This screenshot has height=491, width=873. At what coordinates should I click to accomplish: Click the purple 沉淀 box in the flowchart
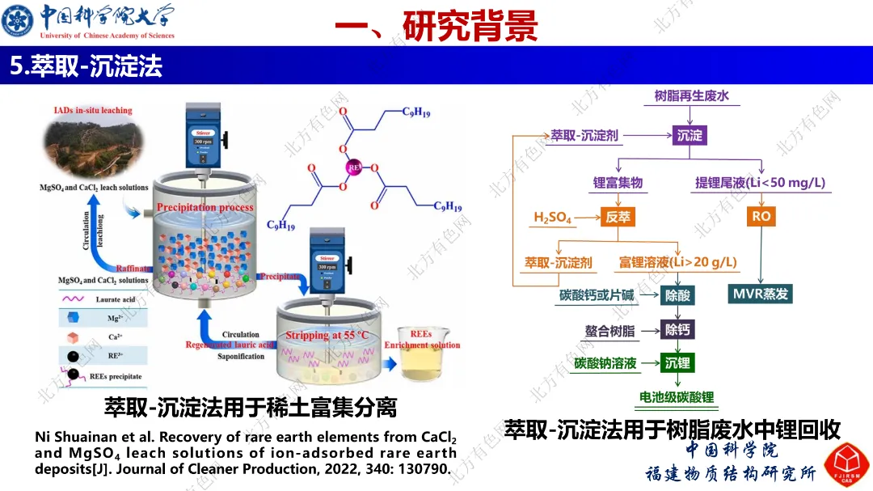[690, 135]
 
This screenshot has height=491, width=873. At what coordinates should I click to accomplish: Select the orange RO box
[761, 216]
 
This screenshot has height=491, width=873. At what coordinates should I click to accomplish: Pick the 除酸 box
[677, 295]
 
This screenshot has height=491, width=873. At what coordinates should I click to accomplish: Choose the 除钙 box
[677, 329]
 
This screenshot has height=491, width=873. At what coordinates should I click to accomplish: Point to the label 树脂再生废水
[691, 96]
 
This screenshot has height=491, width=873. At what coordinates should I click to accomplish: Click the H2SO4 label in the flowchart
[552, 218]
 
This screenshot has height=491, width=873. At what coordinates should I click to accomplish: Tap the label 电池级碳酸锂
[677, 397]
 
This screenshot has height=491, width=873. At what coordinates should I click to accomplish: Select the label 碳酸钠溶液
[605, 363]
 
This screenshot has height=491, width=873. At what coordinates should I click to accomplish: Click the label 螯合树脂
[609, 330]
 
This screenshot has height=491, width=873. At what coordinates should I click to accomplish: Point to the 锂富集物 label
[618, 183]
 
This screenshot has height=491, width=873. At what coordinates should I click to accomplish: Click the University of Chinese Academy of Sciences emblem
[19, 20]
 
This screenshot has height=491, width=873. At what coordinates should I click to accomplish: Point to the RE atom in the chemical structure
[353, 168]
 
